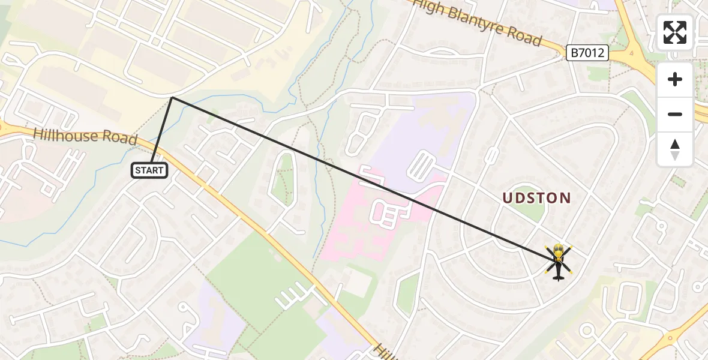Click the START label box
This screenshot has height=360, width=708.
coord(149,170)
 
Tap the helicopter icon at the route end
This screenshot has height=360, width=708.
coord(559,262)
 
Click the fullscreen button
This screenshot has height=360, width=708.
coord(675,32)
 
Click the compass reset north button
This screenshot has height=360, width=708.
coord(675,149)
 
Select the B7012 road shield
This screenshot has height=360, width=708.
coord(587,53)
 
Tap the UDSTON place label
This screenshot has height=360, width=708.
coord(536,198)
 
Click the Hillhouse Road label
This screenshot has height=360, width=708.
coord(85,136)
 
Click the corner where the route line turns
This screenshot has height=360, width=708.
coord(172,97)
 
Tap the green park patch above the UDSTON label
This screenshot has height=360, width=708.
coord(529,212)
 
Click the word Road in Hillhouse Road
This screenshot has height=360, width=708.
coord(120,139)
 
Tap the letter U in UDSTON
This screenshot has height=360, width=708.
coord(507,198)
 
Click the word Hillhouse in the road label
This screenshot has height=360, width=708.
coord(65,135)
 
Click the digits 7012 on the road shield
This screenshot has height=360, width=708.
coord(593,53)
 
